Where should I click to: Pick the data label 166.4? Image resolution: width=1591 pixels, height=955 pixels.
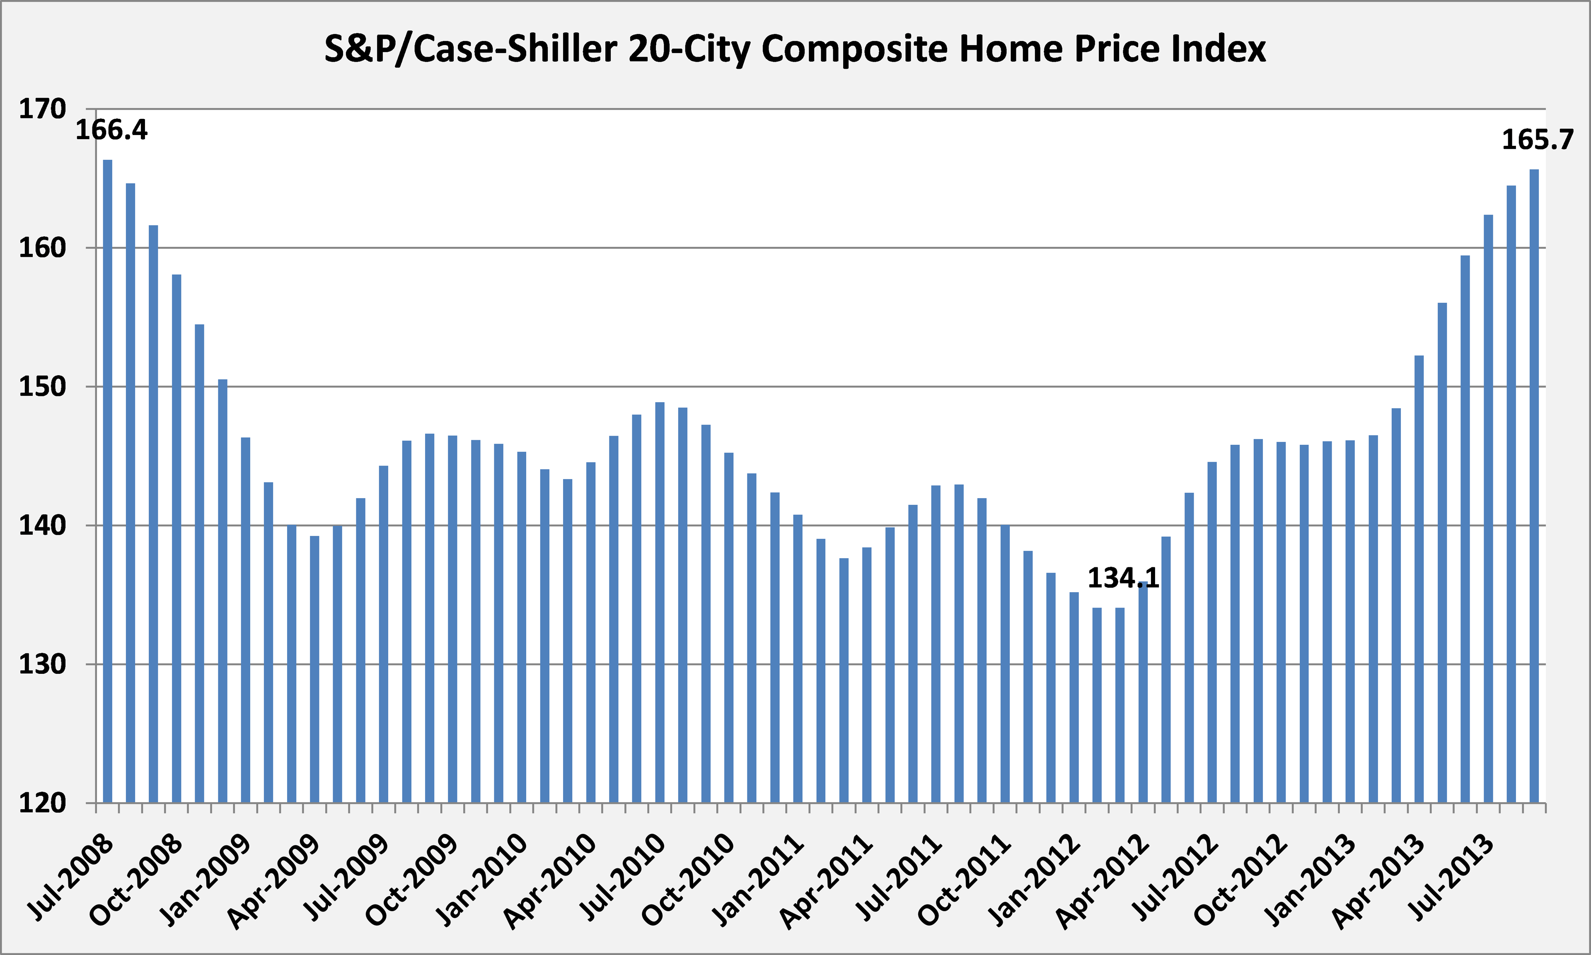(x=111, y=130)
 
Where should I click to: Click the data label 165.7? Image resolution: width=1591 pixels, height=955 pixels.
(x=1537, y=140)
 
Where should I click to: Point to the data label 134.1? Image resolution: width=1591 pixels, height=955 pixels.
(x=1123, y=579)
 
